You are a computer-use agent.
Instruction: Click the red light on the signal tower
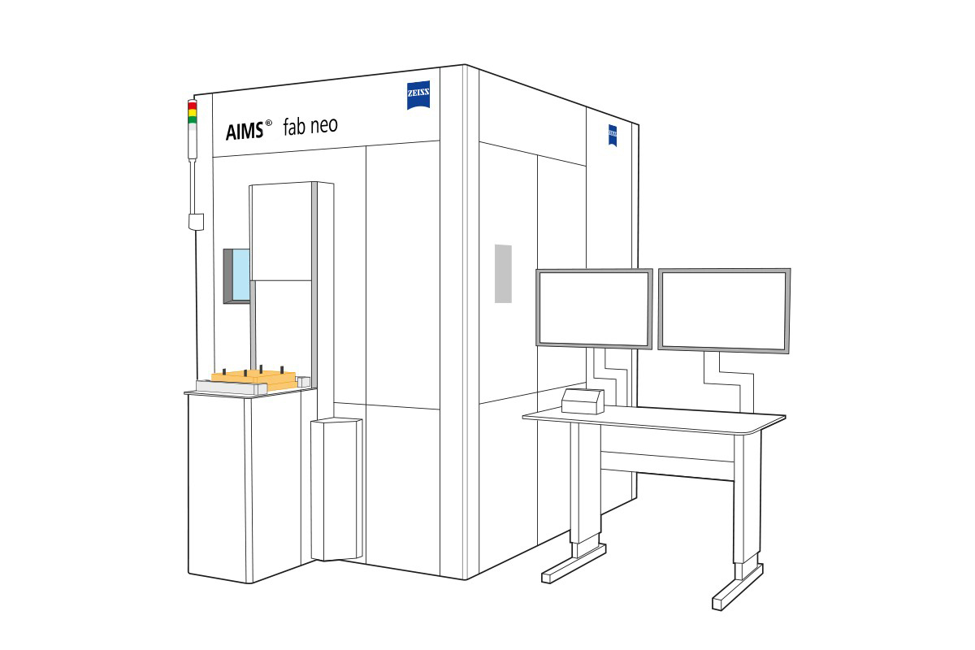pyautogui.click(x=193, y=106)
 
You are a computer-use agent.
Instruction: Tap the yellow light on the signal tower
pyautogui.click(x=193, y=113)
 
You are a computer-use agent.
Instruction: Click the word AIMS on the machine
pyautogui.click(x=244, y=131)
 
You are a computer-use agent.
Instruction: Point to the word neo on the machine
pyautogui.click(x=320, y=126)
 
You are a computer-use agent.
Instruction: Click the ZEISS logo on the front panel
pyautogui.click(x=419, y=96)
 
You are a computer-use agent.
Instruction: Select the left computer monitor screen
pyautogui.click(x=594, y=307)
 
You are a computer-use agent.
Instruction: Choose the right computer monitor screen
pyautogui.click(x=724, y=310)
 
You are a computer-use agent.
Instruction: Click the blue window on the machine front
pyautogui.click(x=241, y=275)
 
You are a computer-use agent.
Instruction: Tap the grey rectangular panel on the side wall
pyautogui.click(x=504, y=272)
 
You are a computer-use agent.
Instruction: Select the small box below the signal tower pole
pyautogui.click(x=195, y=221)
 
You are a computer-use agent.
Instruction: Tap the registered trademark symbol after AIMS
pyautogui.click(x=268, y=123)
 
